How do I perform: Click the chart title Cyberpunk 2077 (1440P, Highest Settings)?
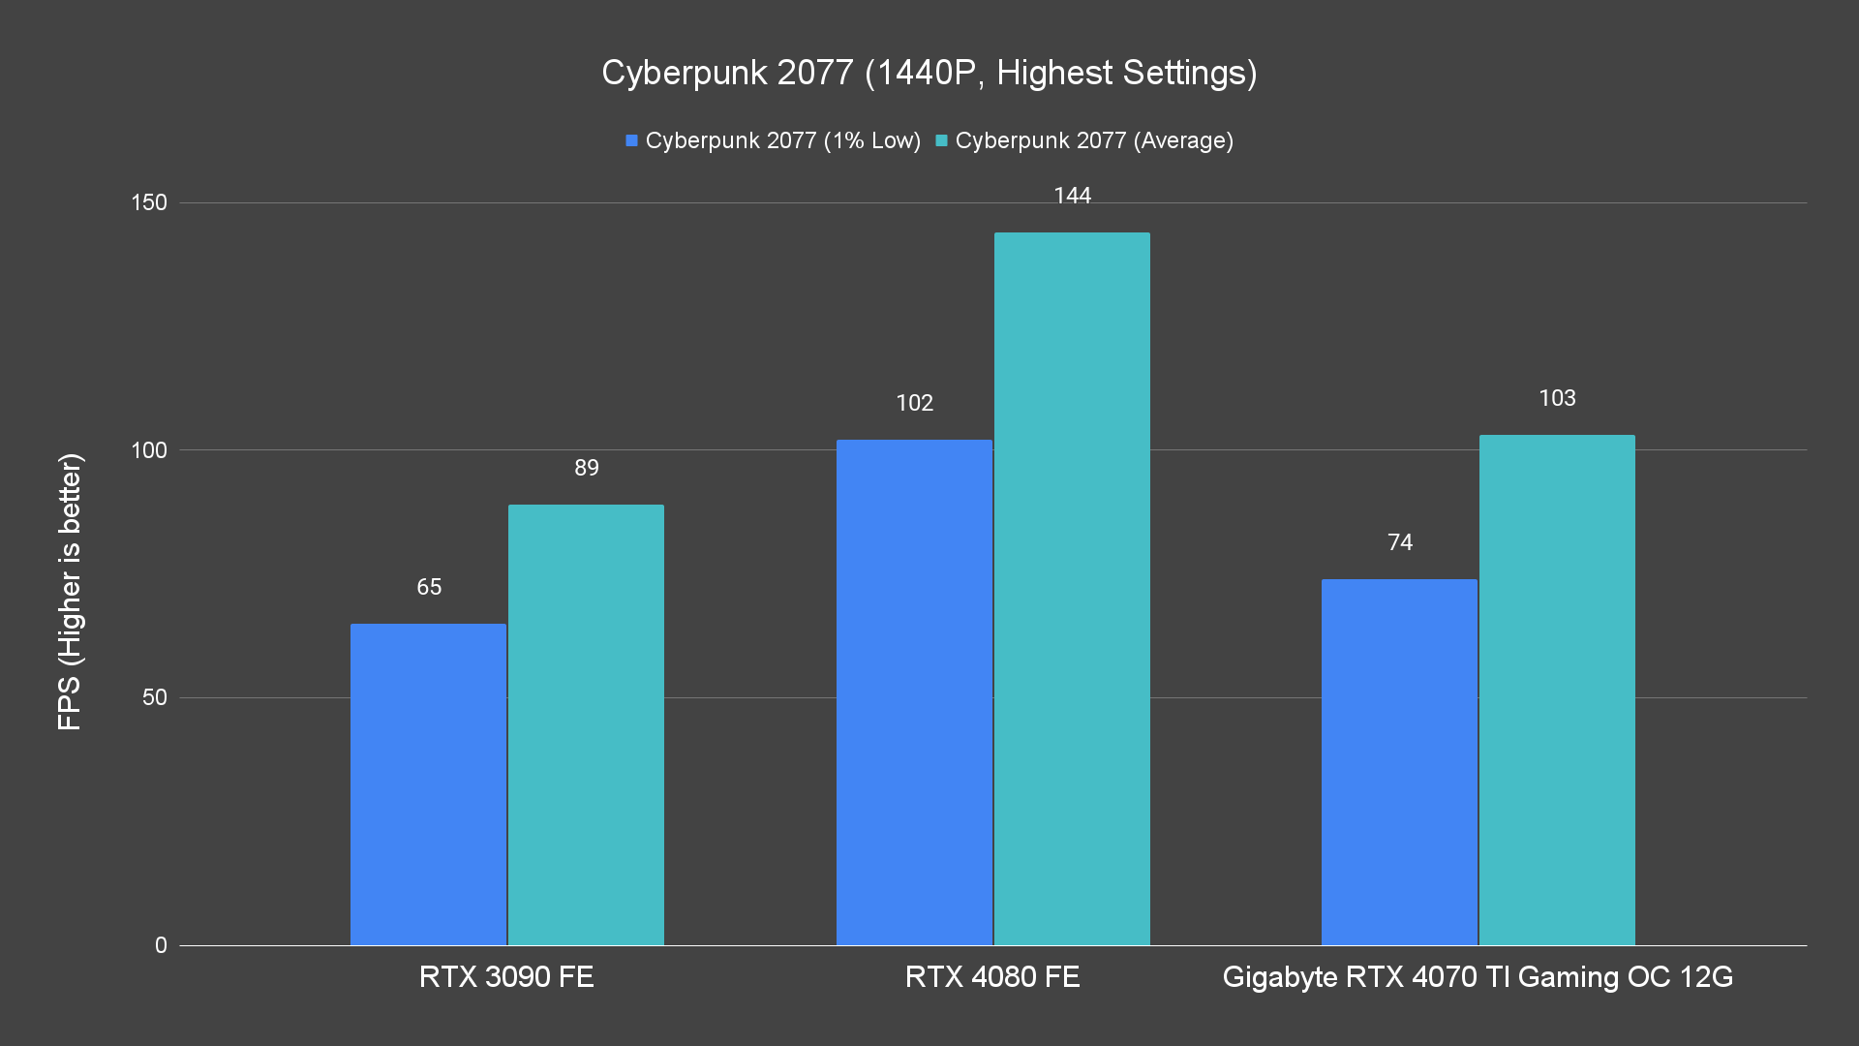[929, 73]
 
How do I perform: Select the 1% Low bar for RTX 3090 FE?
[428, 784]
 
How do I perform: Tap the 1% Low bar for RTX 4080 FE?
[914, 692]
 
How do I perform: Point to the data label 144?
[1072, 197]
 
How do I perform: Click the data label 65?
[429, 587]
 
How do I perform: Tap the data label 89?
[587, 468]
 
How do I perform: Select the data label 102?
[914, 403]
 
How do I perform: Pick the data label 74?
[1400, 542]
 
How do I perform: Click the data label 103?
[1557, 398]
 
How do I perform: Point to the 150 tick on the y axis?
[149, 202]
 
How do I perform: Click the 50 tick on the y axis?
[154, 697]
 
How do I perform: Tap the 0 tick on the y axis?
[161, 945]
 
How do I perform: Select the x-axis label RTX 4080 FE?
[992, 976]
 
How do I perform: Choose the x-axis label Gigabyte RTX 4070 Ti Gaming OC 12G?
[1478, 976]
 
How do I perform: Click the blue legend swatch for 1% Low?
[631, 140]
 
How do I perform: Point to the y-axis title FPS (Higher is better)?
[70, 591]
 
